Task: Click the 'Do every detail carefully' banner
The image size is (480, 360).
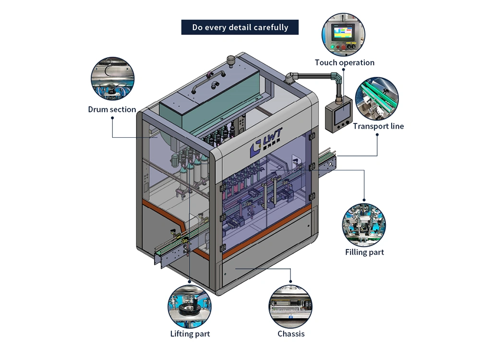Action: pyautogui.click(x=240, y=27)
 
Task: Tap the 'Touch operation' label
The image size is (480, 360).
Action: pyautogui.click(x=344, y=62)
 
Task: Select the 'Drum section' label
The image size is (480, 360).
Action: pyautogui.click(x=112, y=109)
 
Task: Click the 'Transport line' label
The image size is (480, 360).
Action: pyautogui.click(x=378, y=126)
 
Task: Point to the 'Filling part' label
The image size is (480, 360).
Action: pyautogui.click(x=364, y=252)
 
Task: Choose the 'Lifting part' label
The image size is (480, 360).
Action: pyautogui.click(x=190, y=334)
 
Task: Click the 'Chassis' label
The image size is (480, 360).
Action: pyautogui.click(x=291, y=334)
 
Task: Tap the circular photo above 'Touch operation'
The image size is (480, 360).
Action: pyautogui.click(x=343, y=35)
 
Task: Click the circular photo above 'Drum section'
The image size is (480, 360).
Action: pyautogui.click(x=113, y=79)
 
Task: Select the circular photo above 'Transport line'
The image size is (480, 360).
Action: pyautogui.click(x=377, y=98)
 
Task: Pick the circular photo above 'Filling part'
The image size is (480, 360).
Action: pyautogui.click(x=364, y=225)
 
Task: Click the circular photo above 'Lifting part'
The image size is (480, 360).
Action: pyautogui.click(x=190, y=306)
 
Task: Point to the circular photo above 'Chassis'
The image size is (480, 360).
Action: pyautogui.click(x=290, y=307)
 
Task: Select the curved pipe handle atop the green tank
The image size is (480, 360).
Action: pyautogui.click(x=208, y=80)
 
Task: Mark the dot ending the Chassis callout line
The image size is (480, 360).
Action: pyautogui.click(x=290, y=281)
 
